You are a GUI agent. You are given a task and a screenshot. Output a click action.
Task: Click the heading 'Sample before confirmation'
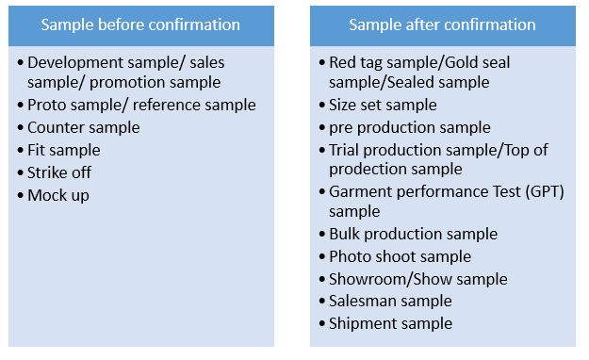[x=140, y=25]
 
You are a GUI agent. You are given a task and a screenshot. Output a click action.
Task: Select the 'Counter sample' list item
[x=84, y=127]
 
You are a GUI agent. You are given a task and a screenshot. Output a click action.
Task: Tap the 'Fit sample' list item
[x=64, y=150]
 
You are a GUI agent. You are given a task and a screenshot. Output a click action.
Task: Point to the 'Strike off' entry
[x=59, y=172]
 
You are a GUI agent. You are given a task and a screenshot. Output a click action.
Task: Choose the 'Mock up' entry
[x=58, y=195]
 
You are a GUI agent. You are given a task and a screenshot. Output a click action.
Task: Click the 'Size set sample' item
[x=383, y=105]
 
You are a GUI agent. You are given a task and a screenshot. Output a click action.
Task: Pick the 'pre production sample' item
[x=410, y=127]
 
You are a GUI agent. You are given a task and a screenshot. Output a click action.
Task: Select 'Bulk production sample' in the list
[x=413, y=234]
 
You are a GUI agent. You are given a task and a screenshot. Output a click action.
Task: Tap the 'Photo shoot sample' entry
[x=400, y=256]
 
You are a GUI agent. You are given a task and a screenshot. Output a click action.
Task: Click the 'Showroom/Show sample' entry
[x=417, y=279]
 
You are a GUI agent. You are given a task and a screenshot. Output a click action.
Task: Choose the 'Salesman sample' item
[x=390, y=302]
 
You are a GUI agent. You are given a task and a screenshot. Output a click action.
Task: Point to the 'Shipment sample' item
[x=390, y=324]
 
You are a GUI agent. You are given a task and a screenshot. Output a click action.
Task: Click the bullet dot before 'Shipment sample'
[x=320, y=324]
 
